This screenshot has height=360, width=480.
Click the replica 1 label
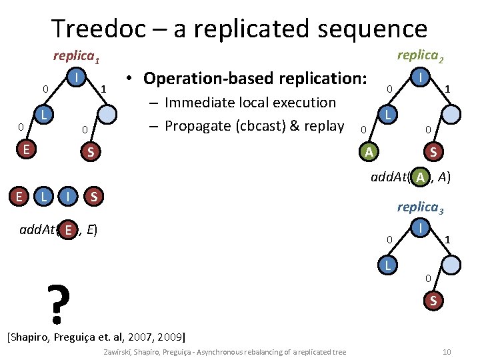pyautogui.click(x=76, y=57)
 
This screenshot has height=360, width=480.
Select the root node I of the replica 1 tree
pyautogui.click(x=78, y=77)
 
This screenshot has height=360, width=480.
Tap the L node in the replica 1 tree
pyautogui.click(x=43, y=115)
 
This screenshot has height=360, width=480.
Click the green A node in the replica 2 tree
pyautogui.click(x=368, y=152)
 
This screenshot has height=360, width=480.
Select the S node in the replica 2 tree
pyautogui.click(x=433, y=152)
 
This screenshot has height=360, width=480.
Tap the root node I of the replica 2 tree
pyautogui.click(x=421, y=77)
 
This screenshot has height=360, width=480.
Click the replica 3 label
pyautogui.click(x=421, y=207)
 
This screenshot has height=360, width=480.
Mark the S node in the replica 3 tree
pyautogui.click(x=433, y=301)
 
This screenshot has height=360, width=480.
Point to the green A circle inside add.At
pyautogui.click(x=420, y=177)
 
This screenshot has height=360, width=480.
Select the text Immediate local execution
pyautogui.click(x=250, y=103)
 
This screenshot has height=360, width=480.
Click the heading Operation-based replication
pyautogui.click(x=255, y=78)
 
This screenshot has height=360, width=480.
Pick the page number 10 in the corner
pyautogui.click(x=447, y=351)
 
